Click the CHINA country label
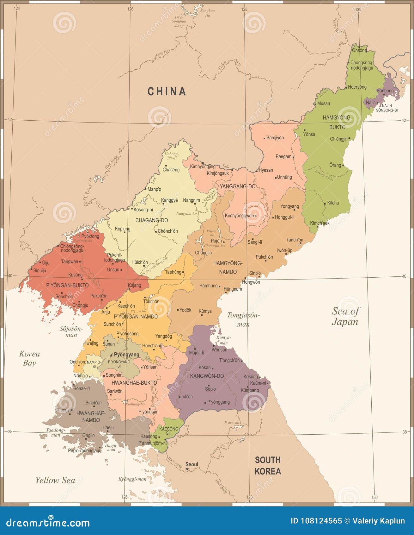tap(167, 91)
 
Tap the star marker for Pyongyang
tap(111, 355)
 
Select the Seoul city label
tap(192, 464)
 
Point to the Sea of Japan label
tap(345, 316)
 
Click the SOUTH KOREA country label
tap(268, 465)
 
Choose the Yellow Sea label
tap(55, 480)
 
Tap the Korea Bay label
tap(29, 358)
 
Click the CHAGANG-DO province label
tap(152, 220)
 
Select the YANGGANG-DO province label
tap(238, 186)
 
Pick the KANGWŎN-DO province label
tap(207, 376)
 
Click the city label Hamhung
tap(208, 286)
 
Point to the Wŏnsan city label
tap(219, 350)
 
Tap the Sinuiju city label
tap(40, 271)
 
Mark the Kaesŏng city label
tap(149, 437)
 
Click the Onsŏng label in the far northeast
tap(359, 50)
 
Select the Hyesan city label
tap(266, 170)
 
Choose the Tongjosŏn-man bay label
tap(243, 319)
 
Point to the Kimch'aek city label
tap(320, 223)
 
